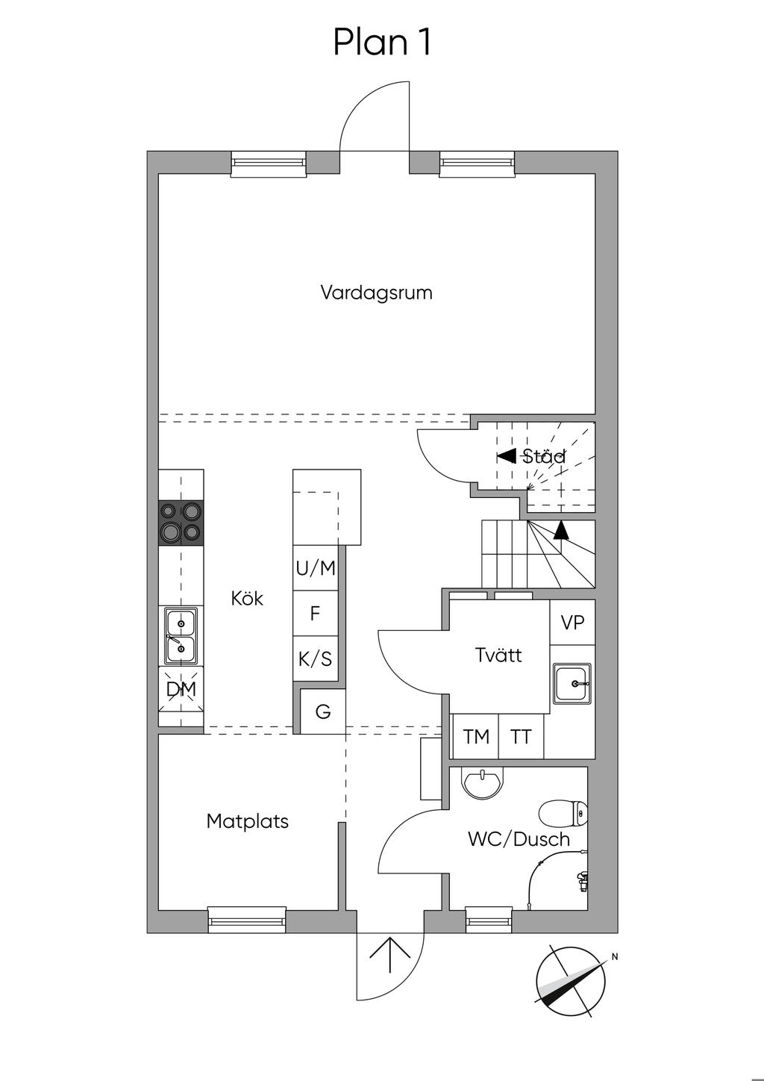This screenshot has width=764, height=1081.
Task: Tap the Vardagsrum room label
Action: click(x=376, y=293)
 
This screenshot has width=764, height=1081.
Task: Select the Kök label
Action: click(x=247, y=599)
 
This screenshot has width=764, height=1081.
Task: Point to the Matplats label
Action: click(x=248, y=821)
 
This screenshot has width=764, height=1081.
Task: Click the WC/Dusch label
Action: click(x=519, y=839)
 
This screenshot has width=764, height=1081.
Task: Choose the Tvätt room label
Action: click(x=498, y=655)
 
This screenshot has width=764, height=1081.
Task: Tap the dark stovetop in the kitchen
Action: click(x=181, y=523)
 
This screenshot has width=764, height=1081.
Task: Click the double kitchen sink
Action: click(x=181, y=636)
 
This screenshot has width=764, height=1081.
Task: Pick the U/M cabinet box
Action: click(x=316, y=568)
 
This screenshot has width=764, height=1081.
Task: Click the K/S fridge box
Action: click(x=316, y=658)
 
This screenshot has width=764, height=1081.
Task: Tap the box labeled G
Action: click(x=322, y=711)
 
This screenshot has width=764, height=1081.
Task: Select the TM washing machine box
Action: click(x=475, y=737)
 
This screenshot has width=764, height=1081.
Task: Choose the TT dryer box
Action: click(x=521, y=737)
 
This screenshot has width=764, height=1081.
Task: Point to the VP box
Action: click(x=572, y=623)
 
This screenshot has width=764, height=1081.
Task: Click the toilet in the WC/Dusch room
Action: click(x=563, y=814)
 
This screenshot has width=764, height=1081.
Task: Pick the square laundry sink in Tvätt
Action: click(x=572, y=684)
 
